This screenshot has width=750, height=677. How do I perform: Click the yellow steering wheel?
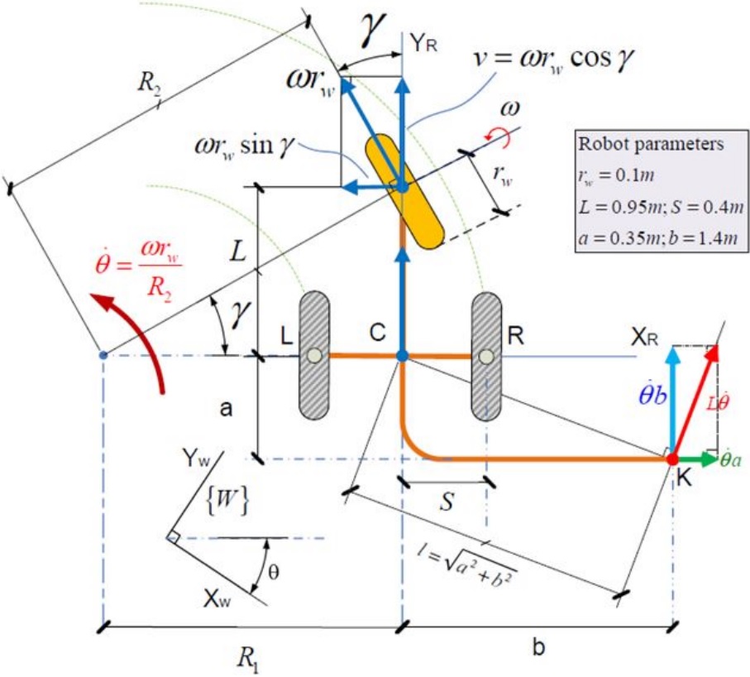(x=404, y=191)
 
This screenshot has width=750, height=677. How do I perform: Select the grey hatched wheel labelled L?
(x=314, y=355)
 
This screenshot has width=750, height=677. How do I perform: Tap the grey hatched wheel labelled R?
(x=486, y=356)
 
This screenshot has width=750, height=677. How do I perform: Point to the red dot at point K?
(x=672, y=459)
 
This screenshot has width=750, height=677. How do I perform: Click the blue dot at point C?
(x=402, y=356)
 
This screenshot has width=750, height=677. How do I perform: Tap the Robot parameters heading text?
(x=651, y=144)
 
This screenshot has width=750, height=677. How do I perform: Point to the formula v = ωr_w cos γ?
(x=555, y=60)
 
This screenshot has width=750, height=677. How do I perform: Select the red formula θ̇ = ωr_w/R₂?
(x=139, y=276)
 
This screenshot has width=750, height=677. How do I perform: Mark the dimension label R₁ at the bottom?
(x=248, y=660)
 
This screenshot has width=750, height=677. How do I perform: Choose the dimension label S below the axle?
(x=447, y=502)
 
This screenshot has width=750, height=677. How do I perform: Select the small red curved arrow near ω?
(x=498, y=138)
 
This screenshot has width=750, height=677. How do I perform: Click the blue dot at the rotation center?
(x=103, y=355)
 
